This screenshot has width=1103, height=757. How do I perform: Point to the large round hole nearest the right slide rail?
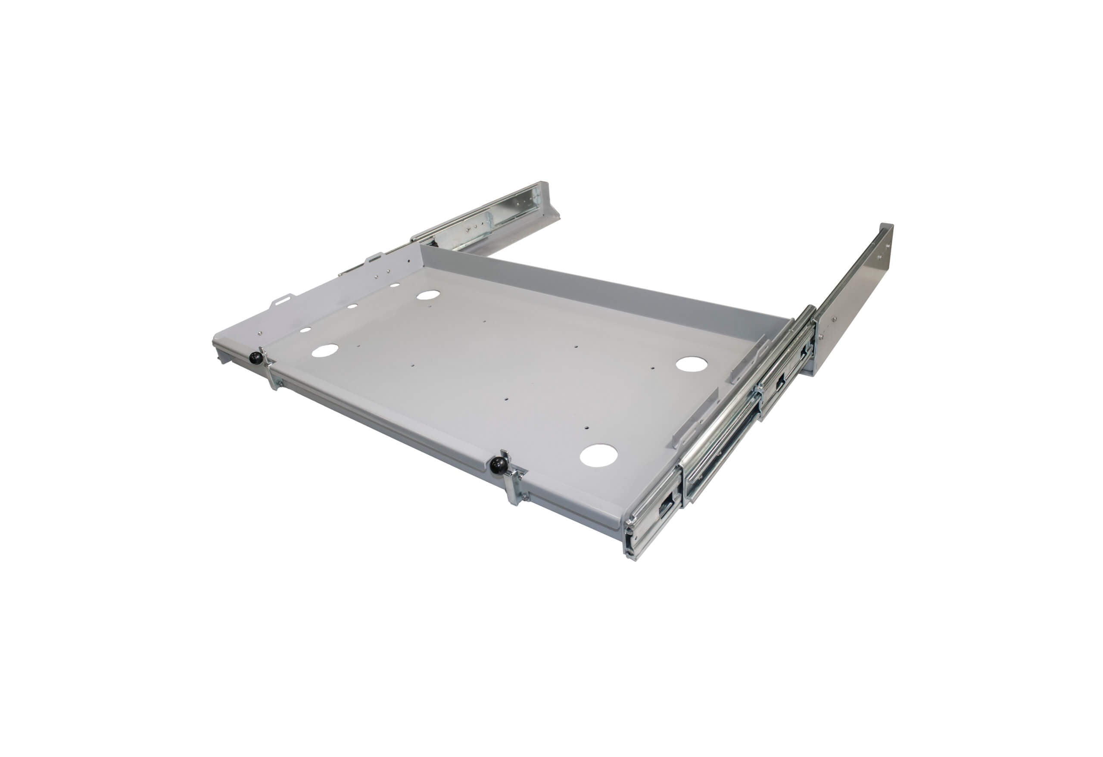point(692,364)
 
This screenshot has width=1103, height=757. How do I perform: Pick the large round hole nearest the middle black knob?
point(598,455)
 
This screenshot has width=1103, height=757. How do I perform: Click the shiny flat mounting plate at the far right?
point(854,299)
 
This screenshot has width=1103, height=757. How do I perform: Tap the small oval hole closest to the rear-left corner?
point(394,286)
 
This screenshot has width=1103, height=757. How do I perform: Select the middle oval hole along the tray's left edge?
point(352,306)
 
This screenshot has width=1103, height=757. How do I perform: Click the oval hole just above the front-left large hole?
point(305,329)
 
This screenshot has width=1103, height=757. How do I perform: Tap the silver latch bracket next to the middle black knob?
point(515,480)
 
